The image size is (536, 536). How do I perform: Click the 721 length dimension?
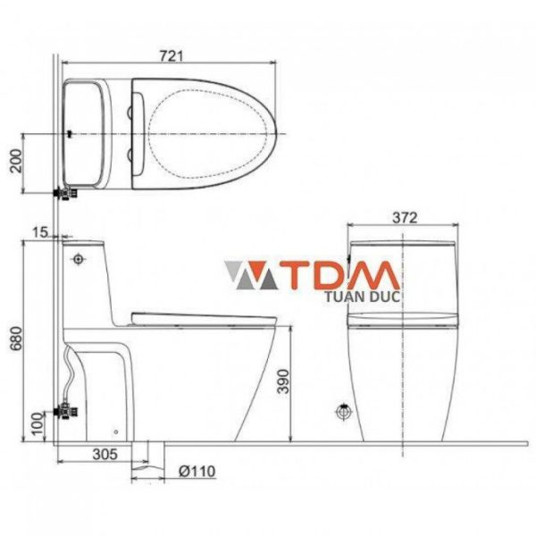click(172, 55)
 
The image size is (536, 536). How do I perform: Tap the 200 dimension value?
click(16, 162)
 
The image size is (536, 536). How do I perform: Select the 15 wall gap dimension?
click(40, 232)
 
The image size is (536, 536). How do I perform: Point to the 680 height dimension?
click(16, 339)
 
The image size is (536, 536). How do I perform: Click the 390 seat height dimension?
click(283, 381)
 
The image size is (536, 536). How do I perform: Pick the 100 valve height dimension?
click(38, 423)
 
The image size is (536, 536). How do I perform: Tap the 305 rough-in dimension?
click(105, 455)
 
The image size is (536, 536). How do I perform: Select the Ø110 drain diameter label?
click(197, 472)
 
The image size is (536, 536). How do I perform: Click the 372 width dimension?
click(405, 218)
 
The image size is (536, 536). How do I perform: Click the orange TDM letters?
click(342, 275)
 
